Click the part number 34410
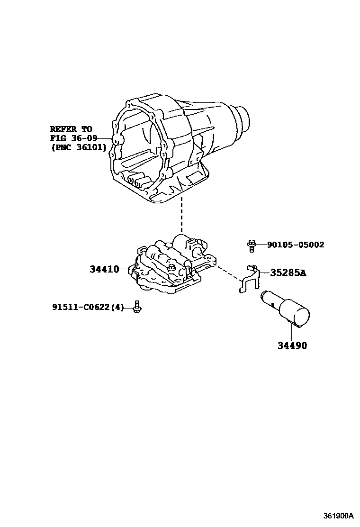coord(104,270)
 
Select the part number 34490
coord(292,345)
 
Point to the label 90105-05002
coord(296,245)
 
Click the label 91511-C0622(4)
coord(88,308)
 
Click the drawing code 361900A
coord(339,516)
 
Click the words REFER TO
coord(71,129)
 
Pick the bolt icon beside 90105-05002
coord(251,245)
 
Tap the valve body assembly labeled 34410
coord(171,268)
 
